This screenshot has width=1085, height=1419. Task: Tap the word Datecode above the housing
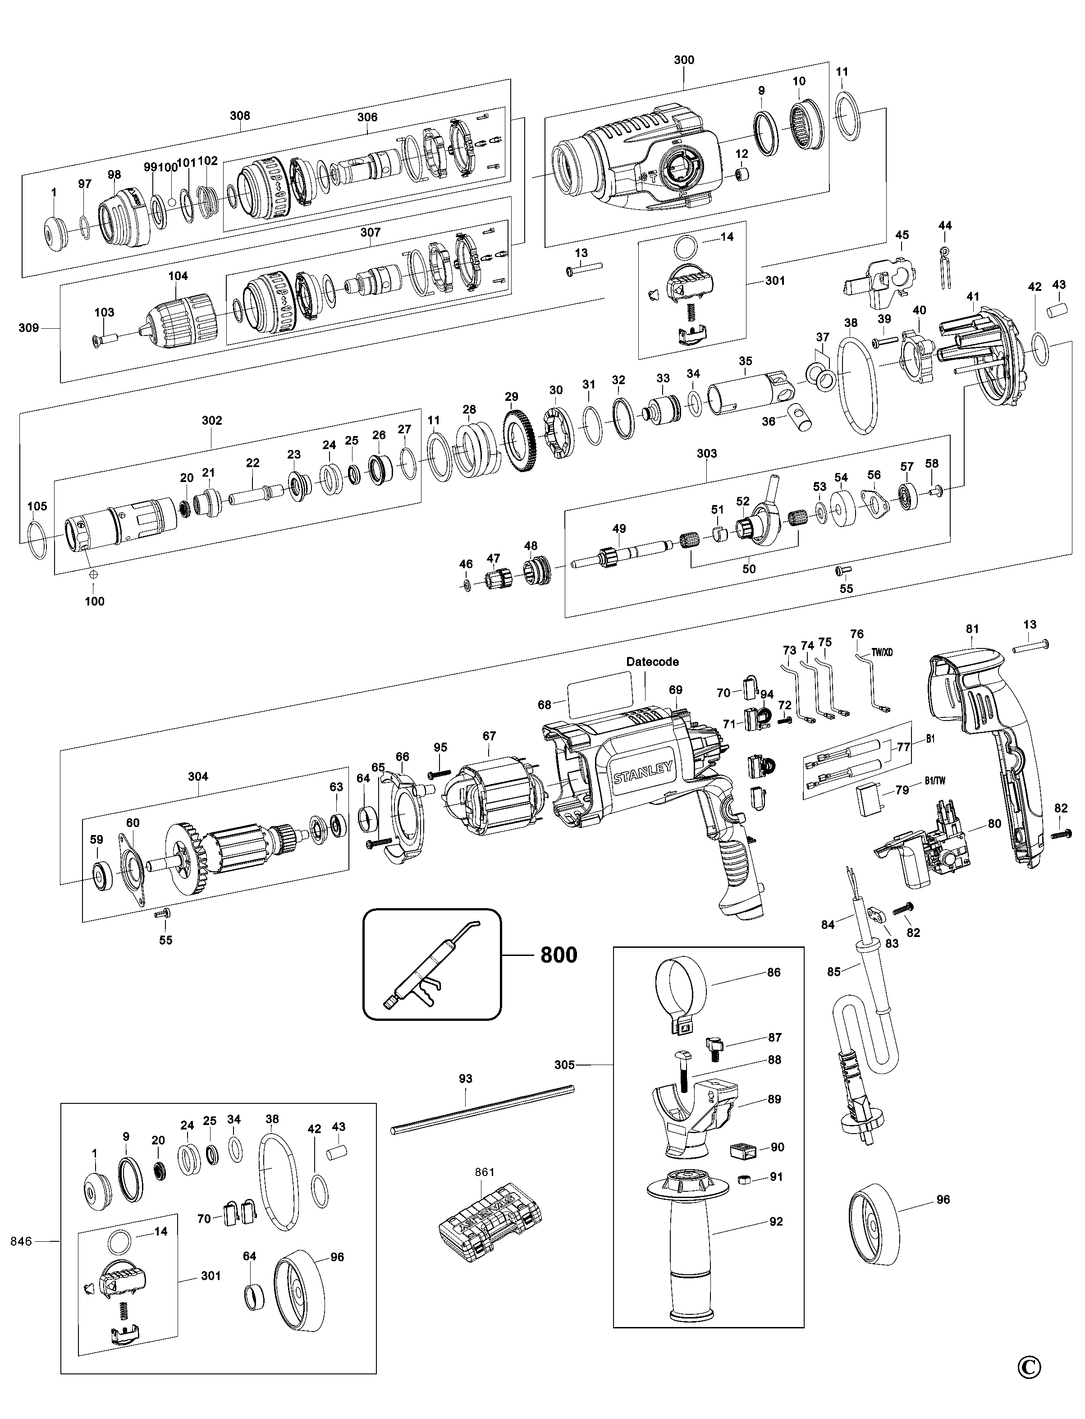point(652,661)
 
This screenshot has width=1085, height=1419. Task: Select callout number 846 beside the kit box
point(21,1241)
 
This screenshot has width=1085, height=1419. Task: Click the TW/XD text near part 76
point(882,652)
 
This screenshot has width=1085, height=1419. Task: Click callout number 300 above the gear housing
point(684,60)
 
